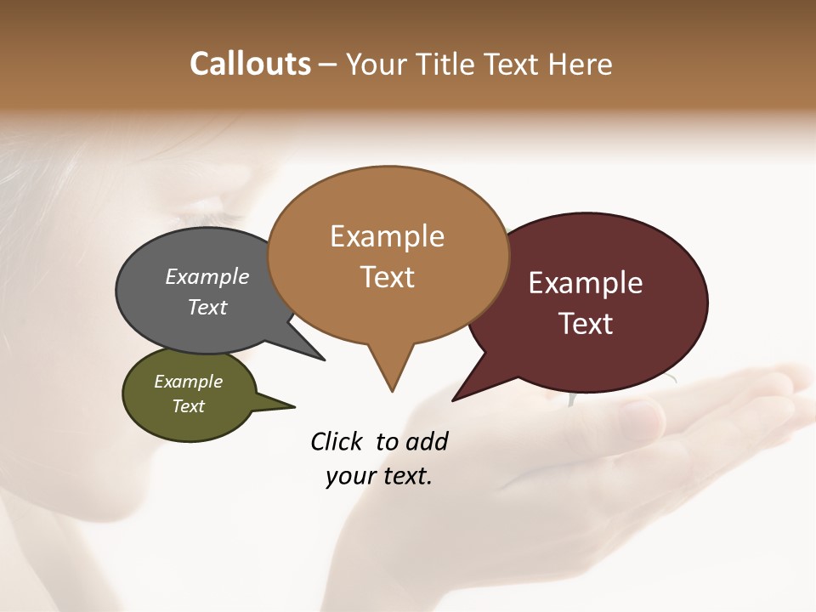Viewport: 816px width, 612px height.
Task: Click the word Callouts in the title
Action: pyautogui.click(x=250, y=64)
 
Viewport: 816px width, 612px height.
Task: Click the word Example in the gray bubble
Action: pyautogui.click(x=207, y=276)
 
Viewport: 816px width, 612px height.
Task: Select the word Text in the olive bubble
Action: pyautogui.click(x=189, y=406)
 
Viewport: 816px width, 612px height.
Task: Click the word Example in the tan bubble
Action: pyautogui.click(x=388, y=236)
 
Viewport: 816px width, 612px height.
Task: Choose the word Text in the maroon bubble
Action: pyautogui.click(x=586, y=324)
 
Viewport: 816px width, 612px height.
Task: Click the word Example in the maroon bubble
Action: pyautogui.click(x=586, y=282)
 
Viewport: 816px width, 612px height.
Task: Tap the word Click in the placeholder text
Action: pyautogui.click(x=337, y=442)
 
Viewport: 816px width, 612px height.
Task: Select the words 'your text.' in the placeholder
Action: pyautogui.click(x=379, y=476)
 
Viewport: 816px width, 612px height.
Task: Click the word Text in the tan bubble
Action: pyautogui.click(x=388, y=277)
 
